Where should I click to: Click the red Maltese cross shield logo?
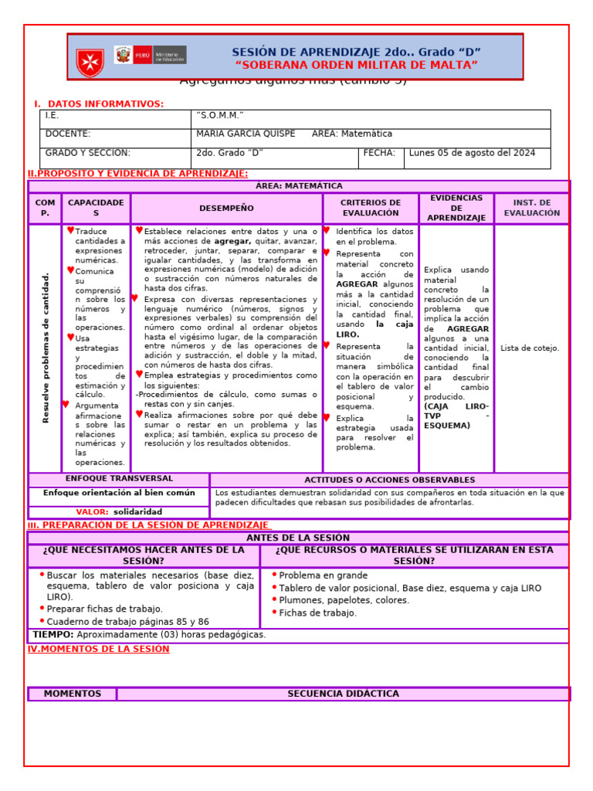pyautogui.click(x=90, y=62)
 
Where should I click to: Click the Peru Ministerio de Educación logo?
pyautogui.click(x=150, y=55)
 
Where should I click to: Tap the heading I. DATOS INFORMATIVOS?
pyautogui.click(x=99, y=104)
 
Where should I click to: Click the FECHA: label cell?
pyautogui.click(x=379, y=153)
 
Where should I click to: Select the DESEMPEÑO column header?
pyautogui.click(x=226, y=209)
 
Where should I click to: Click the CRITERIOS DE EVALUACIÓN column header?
pyautogui.click(x=371, y=208)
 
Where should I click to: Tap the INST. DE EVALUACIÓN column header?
pyautogui.click(x=531, y=208)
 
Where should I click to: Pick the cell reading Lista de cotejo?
pyautogui.click(x=530, y=348)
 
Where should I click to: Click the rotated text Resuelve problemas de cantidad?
pyautogui.click(x=46, y=348)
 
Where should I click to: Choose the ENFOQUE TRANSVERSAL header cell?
pyautogui.click(x=119, y=479)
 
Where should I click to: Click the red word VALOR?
pyautogui.click(x=93, y=512)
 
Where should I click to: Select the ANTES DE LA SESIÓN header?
pyautogui.click(x=297, y=538)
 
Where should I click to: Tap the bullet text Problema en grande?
pyautogui.click(x=323, y=575)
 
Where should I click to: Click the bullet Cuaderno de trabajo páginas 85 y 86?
pyautogui.click(x=127, y=622)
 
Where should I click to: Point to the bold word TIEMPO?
pyautogui.click(x=53, y=635)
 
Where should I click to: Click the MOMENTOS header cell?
pyautogui.click(x=73, y=694)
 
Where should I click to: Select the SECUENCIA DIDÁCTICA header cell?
pyautogui.click(x=343, y=694)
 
